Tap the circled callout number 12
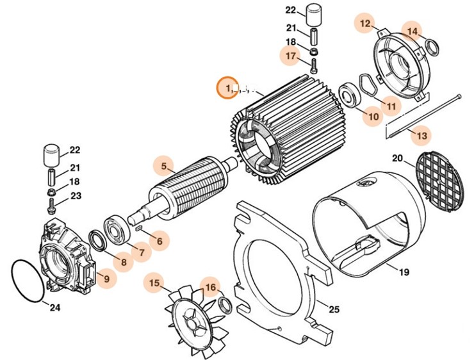tap(365, 24)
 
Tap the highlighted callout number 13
tap(420, 135)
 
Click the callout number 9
tap(106, 279)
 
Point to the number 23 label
tap(76, 196)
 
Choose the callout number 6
tap(159, 241)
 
